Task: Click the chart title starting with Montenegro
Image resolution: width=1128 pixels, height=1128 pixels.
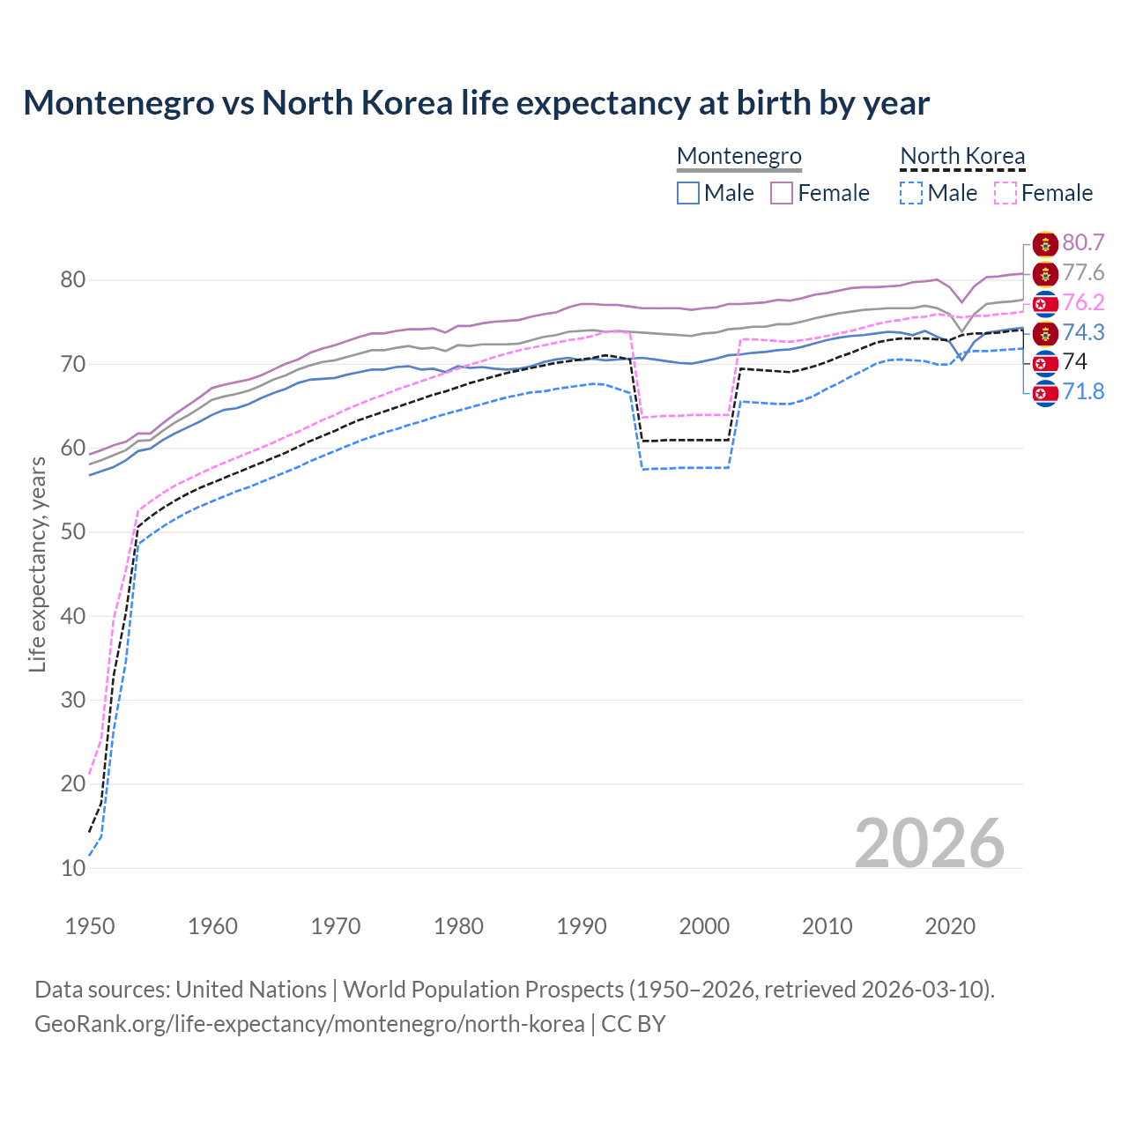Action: [x=476, y=103]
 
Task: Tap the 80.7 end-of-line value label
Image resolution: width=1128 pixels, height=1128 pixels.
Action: [x=1083, y=243]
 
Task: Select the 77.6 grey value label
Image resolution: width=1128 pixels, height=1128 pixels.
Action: [x=1083, y=273]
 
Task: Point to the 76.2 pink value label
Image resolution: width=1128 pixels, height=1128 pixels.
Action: [x=1083, y=303]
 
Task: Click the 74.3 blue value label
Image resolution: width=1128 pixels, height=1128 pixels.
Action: [x=1083, y=332]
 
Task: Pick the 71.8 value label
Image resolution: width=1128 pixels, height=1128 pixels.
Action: [x=1083, y=391]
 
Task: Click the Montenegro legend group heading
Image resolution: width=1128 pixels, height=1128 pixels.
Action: [x=738, y=156]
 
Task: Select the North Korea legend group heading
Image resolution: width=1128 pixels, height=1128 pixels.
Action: [x=962, y=156]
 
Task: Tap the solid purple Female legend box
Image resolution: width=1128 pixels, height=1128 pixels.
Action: [x=782, y=193]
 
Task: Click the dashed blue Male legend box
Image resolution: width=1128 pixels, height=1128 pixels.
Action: [x=911, y=193]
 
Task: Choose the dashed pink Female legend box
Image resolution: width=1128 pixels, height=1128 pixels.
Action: [x=1005, y=193]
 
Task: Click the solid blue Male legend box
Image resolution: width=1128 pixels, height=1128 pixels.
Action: [x=688, y=193]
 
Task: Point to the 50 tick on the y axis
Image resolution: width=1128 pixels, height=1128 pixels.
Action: [x=73, y=532]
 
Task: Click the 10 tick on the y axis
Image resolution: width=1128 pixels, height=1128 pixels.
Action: [x=73, y=868]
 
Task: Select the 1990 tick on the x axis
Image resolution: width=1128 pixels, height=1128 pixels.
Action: [x=582, y=926]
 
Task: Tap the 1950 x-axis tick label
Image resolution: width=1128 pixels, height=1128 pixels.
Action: [x=90, y=926]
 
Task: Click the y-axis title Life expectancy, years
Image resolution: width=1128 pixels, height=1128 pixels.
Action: [x=37, y=564]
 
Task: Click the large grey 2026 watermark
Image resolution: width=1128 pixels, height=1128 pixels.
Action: [x=929, y=843]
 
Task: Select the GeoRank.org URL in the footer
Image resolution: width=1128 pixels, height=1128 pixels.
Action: [x=309, y=1024]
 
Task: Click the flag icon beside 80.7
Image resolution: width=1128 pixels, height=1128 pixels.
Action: [x=1045, y=243]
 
